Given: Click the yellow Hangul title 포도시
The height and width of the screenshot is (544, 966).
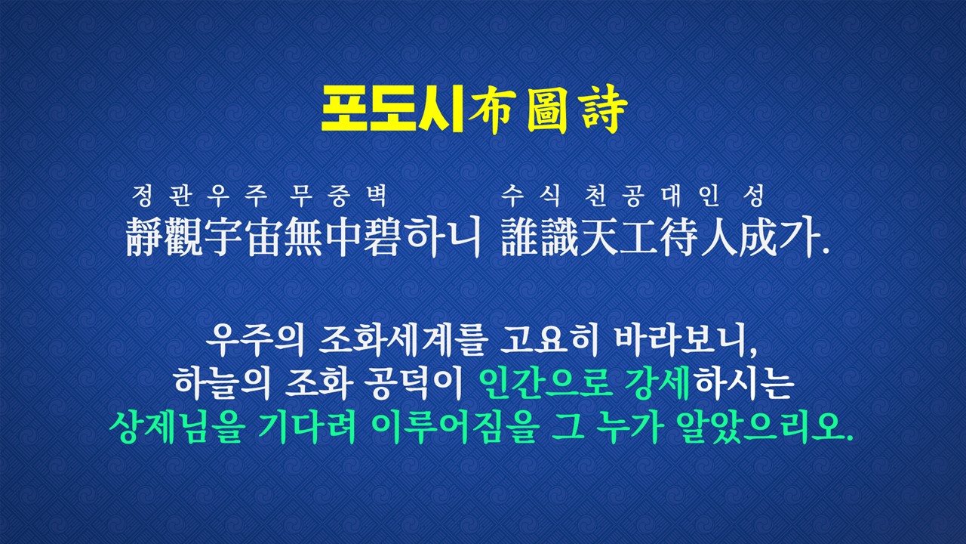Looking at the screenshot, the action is pyautogui.click(x=392, y=110).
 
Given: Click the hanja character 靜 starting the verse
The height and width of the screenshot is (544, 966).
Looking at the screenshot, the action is pyautogui.click(x=144, y=236).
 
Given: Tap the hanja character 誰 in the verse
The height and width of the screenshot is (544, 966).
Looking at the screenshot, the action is pyautogui.click(x=520, y=236).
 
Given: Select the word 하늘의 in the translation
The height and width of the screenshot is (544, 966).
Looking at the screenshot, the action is pyautogui.click(x=222, y=385).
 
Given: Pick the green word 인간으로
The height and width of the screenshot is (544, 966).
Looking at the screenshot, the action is pyautogui.click(x=546, y=384).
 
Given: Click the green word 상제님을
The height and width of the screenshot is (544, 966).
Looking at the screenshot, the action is pyautogui.click(x=177, y=427).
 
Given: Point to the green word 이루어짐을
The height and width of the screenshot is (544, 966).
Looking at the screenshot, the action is pyautogui.click(x=455, y=427).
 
